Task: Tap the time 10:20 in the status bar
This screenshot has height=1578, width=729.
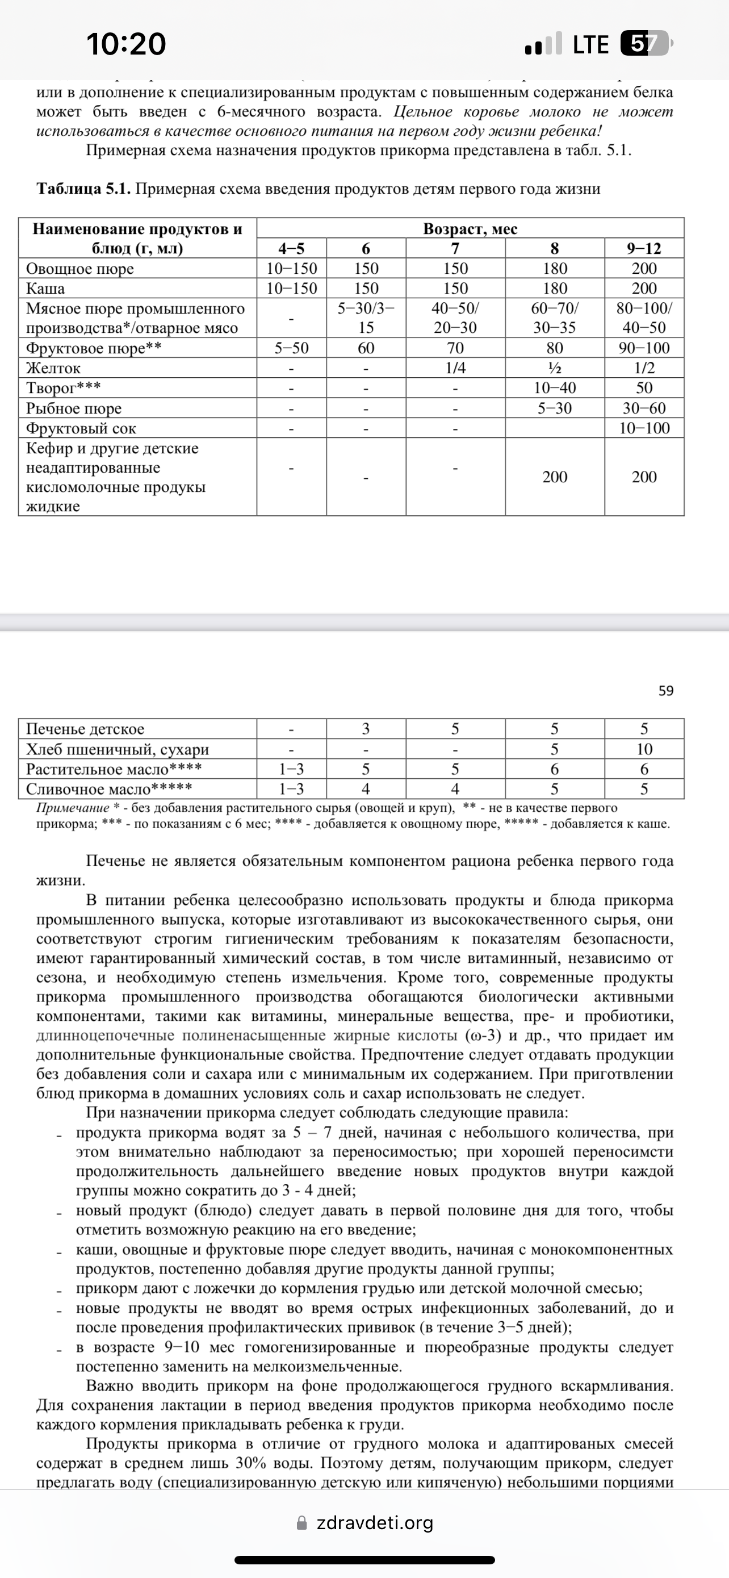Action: click(126, 44)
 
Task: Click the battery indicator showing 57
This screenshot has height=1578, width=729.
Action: click(644, 44)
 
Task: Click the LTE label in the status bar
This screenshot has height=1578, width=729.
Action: click(590, 45)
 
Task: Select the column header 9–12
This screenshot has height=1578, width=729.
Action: click(644, 248)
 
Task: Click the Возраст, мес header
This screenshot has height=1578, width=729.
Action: click(470, 228)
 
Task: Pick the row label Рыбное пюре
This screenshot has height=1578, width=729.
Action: click(74, 408)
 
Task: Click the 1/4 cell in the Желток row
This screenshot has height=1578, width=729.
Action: click(455, 368)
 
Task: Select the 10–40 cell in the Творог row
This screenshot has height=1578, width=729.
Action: click(555, 388)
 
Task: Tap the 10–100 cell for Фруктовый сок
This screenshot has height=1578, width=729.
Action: click(644, 428)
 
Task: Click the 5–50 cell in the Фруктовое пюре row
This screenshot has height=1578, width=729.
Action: click(291, 348)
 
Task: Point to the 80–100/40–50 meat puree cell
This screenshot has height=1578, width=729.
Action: click(644, 318)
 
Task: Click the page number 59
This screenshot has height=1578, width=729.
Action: click(666, 691)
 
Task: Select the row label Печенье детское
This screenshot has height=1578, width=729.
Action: click(85, 729)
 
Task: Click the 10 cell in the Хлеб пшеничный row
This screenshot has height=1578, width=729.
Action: click(644, 749)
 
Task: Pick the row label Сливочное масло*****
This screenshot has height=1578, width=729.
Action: click(109, 789)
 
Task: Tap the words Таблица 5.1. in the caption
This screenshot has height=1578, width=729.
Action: click(84, 189)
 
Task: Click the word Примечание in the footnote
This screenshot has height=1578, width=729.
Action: click(72, 808)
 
